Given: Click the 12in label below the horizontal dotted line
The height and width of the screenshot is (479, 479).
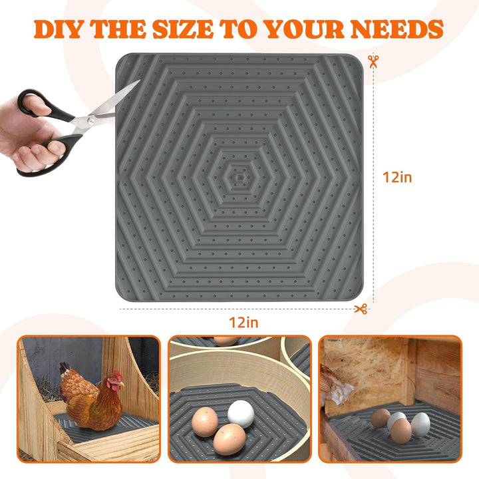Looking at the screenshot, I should coord(243,323).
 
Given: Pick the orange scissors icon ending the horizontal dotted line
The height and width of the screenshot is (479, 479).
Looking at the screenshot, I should coord(361,309).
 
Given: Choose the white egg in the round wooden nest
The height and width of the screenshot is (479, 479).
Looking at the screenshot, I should coord(241,413).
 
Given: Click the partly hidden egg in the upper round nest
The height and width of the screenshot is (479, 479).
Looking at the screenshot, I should coord(226,341).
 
